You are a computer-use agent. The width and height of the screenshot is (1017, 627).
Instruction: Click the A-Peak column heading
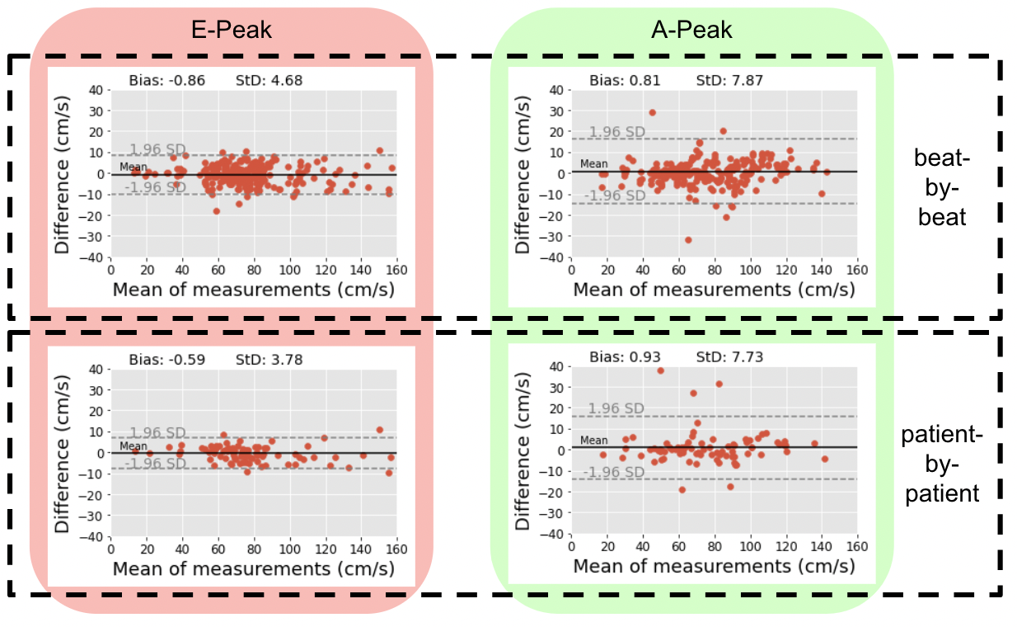(x=691, y=31)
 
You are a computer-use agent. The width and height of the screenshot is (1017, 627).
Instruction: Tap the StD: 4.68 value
(x=277, y=81)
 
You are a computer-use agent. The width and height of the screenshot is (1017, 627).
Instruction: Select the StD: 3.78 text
(x=277, y=360)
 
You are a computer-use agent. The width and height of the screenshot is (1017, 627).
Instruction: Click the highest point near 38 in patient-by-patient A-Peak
(x=660, y=370)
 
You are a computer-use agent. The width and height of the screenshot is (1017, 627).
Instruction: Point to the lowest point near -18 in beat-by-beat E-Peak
(x=217, y=211)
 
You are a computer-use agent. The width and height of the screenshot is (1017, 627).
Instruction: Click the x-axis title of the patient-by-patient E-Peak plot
(x=253, y=568)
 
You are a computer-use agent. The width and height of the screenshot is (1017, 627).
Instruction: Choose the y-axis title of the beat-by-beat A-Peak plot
(x=523, y=175)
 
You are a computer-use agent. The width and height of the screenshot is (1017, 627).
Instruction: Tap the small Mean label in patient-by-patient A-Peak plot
(x=594, y=441)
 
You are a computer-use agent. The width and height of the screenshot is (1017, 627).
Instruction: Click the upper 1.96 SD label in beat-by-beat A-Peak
(x=616, y=132)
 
